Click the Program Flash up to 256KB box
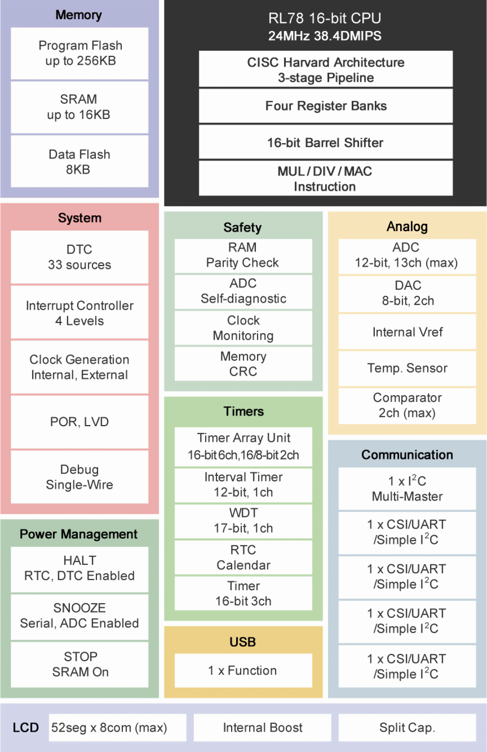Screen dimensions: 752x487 79,53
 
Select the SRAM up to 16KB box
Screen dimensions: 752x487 79,107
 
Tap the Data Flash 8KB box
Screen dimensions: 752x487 79,161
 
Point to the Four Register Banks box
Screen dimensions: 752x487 326,106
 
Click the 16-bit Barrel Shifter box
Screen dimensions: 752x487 326,142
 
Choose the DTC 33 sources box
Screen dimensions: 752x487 79,257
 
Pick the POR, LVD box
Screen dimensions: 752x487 79,422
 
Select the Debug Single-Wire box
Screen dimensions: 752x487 79,477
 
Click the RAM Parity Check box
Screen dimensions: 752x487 243,255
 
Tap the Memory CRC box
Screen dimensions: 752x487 243,364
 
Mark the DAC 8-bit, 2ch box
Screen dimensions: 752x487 407,293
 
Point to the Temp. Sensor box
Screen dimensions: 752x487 407,368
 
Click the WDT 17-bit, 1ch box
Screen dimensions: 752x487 243,520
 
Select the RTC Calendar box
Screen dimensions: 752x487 243,557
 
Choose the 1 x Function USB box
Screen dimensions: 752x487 243,670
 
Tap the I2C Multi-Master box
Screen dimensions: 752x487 407,489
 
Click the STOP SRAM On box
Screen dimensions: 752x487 79,664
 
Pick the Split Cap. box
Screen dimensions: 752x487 407,728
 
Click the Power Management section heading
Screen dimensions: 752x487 79,534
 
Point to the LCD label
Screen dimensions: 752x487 26,728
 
